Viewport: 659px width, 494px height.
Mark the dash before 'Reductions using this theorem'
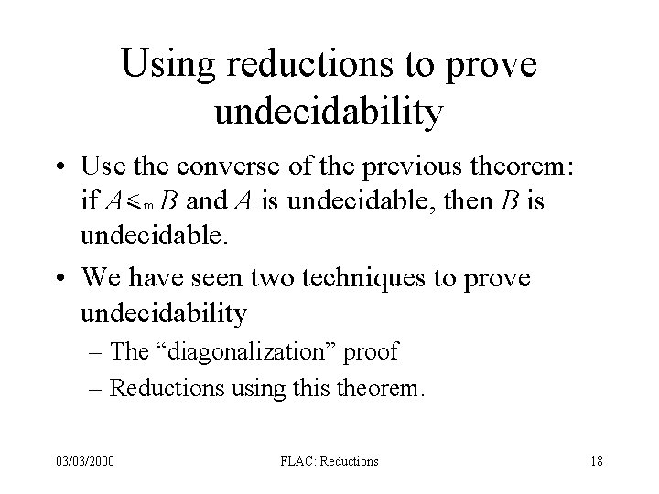tap(97, 388)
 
